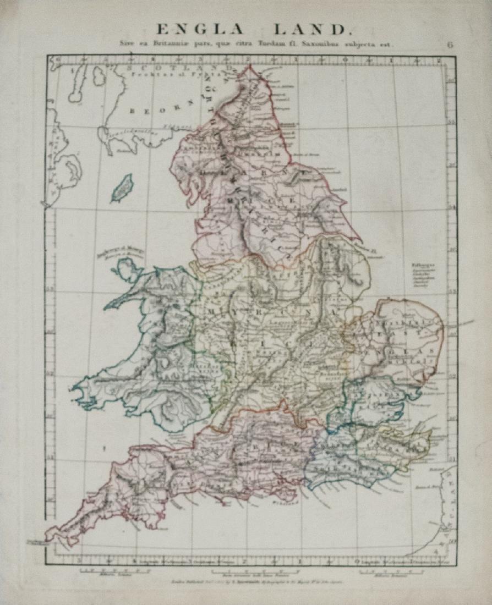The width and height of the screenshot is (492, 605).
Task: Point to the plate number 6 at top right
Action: [450, 45]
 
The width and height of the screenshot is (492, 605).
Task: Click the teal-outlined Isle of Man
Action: [122, 188]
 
